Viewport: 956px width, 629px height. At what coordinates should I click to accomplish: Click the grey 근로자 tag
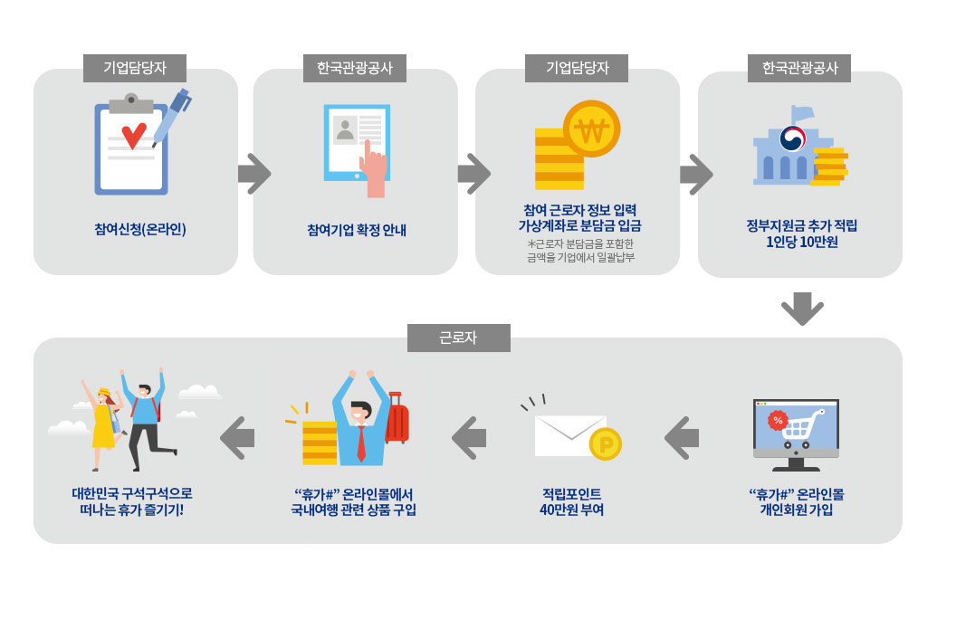coord(458,338)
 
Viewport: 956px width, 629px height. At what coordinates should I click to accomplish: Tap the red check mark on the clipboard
coord(134,136)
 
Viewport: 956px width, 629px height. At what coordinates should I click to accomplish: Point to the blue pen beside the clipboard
coord(172,115)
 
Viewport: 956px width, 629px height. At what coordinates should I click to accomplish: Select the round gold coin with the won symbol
coord(591,129)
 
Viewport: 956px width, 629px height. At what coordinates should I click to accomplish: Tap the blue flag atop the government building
coord(802,113)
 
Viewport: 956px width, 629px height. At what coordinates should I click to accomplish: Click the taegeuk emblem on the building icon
coord(793,138)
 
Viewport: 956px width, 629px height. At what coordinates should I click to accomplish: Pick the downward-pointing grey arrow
coord(802,308)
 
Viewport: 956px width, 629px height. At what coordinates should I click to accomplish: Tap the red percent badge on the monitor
coord(777,420)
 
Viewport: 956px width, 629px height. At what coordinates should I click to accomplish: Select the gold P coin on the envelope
coord(605,443)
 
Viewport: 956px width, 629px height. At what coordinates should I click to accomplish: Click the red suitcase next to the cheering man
coord(397,421)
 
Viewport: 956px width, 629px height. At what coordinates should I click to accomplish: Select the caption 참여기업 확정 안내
coord(357,230)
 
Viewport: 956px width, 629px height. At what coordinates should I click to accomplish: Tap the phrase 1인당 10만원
coord(801,242)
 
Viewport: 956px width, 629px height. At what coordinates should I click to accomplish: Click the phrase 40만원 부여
coord(571,510)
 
